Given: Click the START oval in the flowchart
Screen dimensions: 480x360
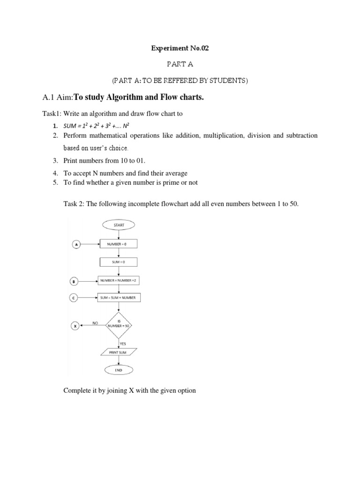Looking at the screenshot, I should pos(119,225).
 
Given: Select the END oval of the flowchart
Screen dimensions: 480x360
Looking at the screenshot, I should pos(119,370).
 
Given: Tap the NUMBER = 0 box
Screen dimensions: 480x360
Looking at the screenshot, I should pos(119,244).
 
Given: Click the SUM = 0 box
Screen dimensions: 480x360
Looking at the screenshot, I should pos(119,262).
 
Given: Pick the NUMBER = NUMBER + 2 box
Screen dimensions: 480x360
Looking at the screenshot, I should pos(119,280).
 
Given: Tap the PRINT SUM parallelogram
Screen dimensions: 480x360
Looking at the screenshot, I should pos(119,352).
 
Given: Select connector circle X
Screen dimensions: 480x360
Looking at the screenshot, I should pos(75,325).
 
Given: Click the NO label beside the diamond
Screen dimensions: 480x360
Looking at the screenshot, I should pos(95,322).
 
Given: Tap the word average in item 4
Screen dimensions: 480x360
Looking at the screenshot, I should pos(174,173).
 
